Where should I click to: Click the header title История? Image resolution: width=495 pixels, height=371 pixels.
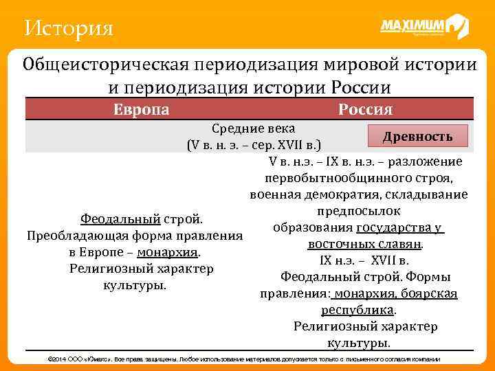[x=67, y=28]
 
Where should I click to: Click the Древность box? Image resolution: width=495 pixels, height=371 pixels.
[x=417, y=135]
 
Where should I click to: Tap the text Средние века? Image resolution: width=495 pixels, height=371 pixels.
[x=254, y=128]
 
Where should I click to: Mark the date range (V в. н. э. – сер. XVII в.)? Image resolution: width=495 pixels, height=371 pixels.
[x=254, y=145]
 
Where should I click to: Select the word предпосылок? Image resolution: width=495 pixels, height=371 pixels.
[x=357, y=211]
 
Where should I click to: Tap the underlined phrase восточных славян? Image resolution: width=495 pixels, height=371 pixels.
[x=364, y=244]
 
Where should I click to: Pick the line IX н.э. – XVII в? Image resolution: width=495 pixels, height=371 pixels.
[x=364, y=260]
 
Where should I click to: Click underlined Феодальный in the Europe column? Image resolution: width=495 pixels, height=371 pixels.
[x=120, y=219]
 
